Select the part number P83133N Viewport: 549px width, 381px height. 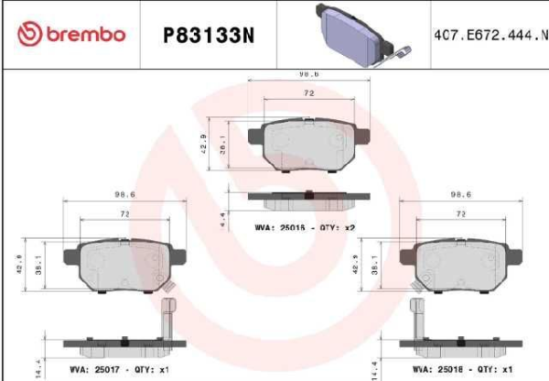click(x=206, y=35)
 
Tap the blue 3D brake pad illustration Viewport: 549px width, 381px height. click(x=356, y=35)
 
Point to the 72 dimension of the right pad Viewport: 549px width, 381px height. click(x=461, y=212)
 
